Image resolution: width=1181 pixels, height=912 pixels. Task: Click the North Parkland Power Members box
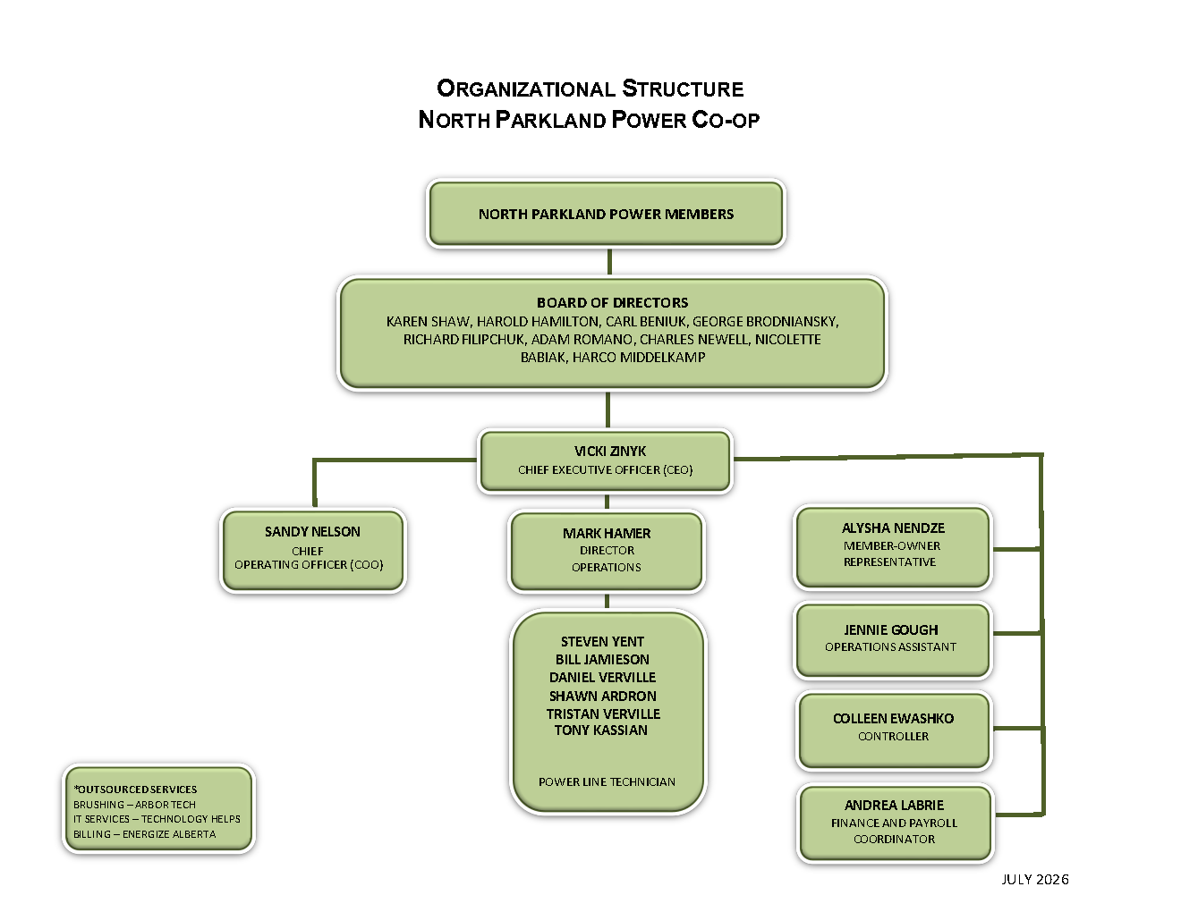pyautogui.click(x=606, y=214)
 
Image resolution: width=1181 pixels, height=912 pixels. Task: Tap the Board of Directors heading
pyautogui.click(x=613, y=302)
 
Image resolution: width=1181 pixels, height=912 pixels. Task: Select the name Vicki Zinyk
pyautogui.click(x=610, y=451)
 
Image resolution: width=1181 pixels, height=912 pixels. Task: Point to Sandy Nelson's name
pyautogui.click(x=312, y=531)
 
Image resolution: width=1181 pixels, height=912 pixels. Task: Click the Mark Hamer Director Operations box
pyautogui.click(x=607, y=552)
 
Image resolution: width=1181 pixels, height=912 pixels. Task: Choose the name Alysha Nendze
pyautogui.click(x=893, y=528)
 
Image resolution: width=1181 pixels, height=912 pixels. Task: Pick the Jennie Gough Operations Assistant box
pyautogui.click(x=892, y=640)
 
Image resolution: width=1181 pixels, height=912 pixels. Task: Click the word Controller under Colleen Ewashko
pyautogui.click(x=894, y=736)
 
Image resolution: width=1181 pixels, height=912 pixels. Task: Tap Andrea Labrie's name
pyautogui.click(x=894, y=805)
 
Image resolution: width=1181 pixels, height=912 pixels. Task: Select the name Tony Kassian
pyautogui.click(x=601, y=730)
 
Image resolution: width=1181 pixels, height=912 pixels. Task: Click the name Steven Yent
pyautogui.click(x=602, y=641)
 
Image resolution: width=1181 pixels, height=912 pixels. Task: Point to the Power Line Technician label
pyautogui.click(x=607, y=781)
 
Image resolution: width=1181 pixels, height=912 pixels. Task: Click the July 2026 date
pyautogui.click(x=1035, y=880)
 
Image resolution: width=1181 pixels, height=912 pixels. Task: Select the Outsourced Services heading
pyautogui.click(x=135, y=790)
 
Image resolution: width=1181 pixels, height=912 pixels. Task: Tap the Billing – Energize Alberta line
pyautogui.click(x=145, y=834)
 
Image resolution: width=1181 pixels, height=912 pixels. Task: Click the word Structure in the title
pyautogui.click(x=683, y=89)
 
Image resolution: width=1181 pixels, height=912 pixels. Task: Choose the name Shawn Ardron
pyautogui.click(x=603, y=696)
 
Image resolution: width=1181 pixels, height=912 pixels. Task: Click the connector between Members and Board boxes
pyautogui.click(x=609, y=262)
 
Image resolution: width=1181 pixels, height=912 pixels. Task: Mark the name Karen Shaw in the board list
pyautogui.click(x=428, y=322)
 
